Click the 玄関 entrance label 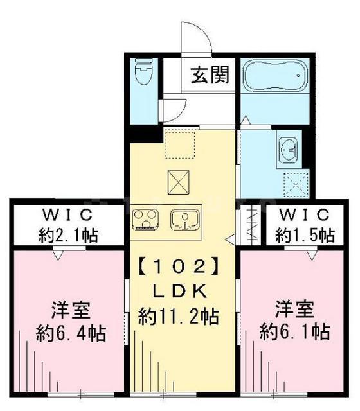209,76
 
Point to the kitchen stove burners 147,220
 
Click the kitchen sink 185,220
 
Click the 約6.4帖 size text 71,333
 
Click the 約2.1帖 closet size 67,236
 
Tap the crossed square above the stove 179,183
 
